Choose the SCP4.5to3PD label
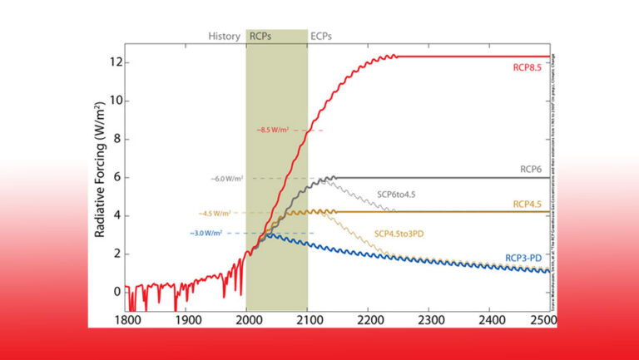point(399,234)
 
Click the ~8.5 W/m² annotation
point(275,130)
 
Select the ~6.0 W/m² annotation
point(228,178)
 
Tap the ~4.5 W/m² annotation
point(216,214)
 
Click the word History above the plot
point(224,37)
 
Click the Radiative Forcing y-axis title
point(100,170)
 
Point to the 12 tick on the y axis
point(115,62)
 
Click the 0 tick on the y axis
point(117,291)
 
